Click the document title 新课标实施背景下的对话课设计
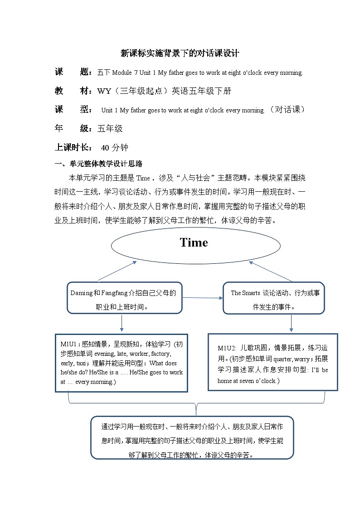(180, 53)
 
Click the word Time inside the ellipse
(194, 242)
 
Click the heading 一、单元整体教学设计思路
(98, 164)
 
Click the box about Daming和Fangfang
(124, 297)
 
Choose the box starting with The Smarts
(273, 297)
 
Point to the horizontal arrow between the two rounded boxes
(203, 298)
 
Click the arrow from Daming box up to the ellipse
(117, 271)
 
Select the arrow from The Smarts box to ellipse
(270, 271)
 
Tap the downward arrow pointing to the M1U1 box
(122, 322)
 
